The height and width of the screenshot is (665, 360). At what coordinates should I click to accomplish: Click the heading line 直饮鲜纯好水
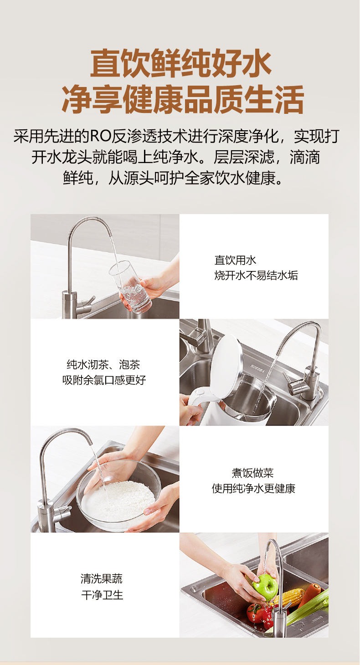(x=180, y=63)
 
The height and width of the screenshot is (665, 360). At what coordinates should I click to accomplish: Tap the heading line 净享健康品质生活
(x=182, y=99)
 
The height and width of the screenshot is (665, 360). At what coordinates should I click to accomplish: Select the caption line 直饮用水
(x=235, y=260)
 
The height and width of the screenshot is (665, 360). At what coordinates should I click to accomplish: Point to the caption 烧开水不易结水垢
(x=256, y=276)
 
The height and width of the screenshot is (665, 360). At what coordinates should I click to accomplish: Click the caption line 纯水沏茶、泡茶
(x=103, y=364)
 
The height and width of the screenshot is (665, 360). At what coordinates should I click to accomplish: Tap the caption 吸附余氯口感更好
(x=104, y=380)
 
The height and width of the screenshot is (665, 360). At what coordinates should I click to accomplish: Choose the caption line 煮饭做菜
(x=253, y=473)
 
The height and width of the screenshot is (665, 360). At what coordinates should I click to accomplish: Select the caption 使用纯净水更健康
(x=253, y=488)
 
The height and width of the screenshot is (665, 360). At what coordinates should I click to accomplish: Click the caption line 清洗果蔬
(x=101, y=578)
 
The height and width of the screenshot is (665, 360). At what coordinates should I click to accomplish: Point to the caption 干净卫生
(x=102, y=595)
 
